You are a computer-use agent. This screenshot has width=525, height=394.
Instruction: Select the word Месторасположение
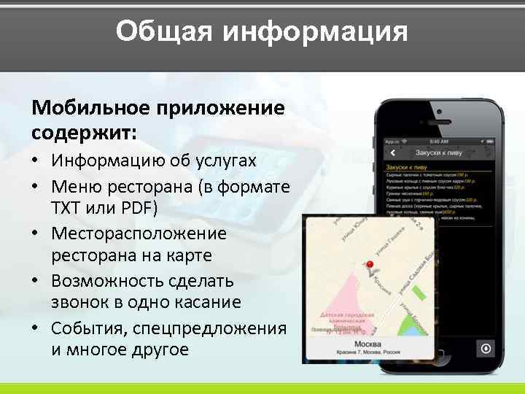tap(139, 233)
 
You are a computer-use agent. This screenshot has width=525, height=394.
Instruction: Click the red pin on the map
tap(369, 266)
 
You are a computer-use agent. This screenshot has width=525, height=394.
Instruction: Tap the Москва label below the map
tap(368, 344)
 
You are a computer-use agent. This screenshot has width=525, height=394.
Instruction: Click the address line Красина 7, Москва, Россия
tap(368, 354)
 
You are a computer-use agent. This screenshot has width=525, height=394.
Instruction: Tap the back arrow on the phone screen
tap(392, 153)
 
